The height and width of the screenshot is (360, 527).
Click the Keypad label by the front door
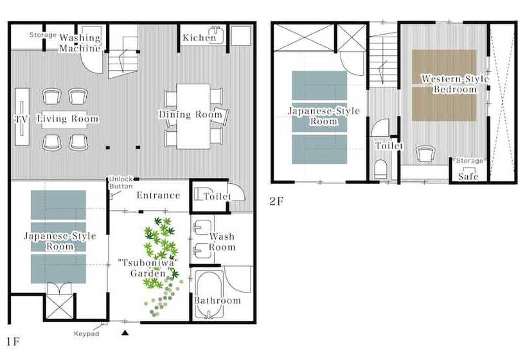(x=86, y=334)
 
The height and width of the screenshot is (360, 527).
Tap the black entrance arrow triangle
(x=125, y=333)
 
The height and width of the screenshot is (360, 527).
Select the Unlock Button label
(x=121, y=183)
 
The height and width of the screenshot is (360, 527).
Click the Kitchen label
(x=199, y=38)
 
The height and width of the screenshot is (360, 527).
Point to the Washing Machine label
(x=80, y=42)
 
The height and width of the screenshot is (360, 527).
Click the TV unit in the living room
(x=22, y=116)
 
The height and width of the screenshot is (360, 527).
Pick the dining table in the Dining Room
(x=193, y=116)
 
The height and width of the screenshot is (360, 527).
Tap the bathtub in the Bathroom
(x=210, y=294)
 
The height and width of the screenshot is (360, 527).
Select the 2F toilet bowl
(x=380, y=169)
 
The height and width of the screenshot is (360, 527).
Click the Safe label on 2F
(x=468, y=176)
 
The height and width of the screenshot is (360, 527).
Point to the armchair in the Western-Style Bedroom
(x=425, y=154)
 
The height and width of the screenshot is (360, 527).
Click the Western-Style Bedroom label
(x=455, y=84)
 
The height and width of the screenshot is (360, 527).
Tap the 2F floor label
(x=276, y=201)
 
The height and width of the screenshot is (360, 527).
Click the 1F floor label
(x=13, y=342)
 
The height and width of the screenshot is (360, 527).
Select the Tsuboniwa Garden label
(x=148, y=268)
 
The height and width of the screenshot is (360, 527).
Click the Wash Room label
(x=222, y=242)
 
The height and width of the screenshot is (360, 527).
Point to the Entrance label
(x=158, y=195)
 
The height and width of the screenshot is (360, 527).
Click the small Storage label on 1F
(x=42, y=35)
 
